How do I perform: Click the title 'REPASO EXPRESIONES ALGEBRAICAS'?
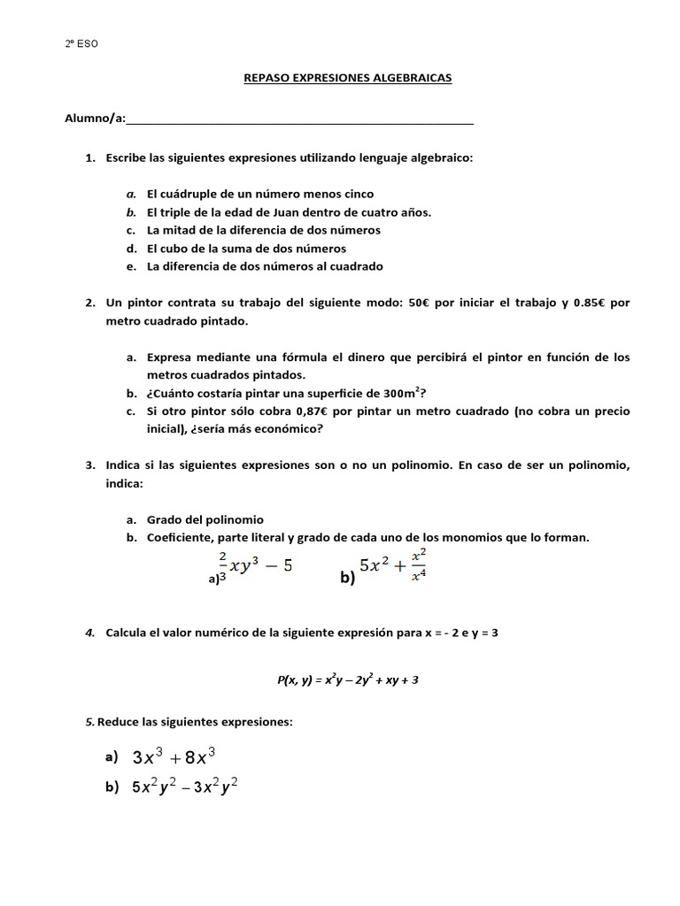click(347, 78)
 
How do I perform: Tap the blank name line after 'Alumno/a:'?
click(300, 119)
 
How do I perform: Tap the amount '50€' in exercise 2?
click(420, 303)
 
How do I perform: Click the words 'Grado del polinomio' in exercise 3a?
click(205, 520)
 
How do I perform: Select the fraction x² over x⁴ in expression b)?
click(420, 565)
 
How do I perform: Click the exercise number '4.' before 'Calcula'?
click(90, 633)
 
